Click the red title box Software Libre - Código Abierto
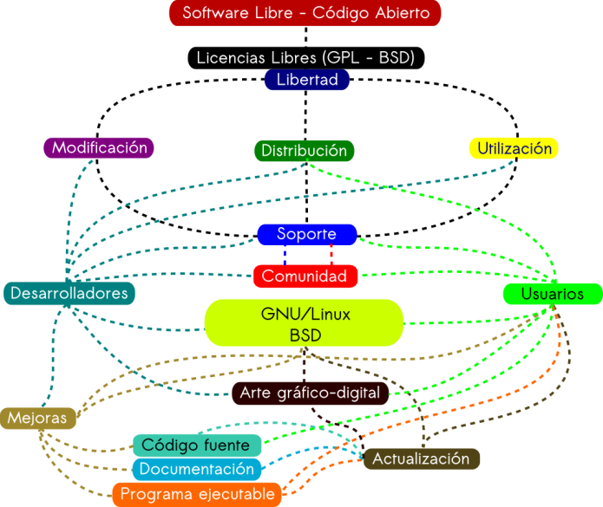tap(305, 14)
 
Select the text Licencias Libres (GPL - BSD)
tap(305, 58)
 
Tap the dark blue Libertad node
tap(306, 81)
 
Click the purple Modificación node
tap(99, 148)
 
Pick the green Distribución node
tap(305, 151)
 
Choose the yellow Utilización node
tap(514, 148)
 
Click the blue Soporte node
tap(307, 234)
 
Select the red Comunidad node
tap(305, 276)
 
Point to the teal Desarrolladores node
tap(69, 294)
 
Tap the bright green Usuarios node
tap(552, 295)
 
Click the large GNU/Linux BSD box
tap(305, 323)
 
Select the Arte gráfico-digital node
tap(310, 393)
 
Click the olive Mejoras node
tap(37, 418)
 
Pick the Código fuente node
tap(196, 445)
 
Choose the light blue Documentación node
tap(196, 469)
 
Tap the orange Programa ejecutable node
tap(197, 494)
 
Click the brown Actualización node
tap(421, 458)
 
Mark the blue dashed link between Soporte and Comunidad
tap(285, 255)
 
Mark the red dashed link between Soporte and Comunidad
tap(331, 255)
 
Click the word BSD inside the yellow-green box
tap(305, 335)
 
